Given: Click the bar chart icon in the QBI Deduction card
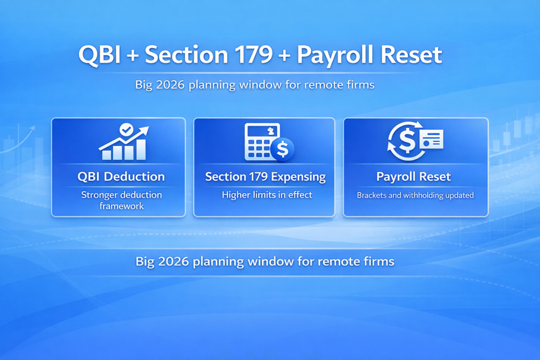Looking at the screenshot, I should (123, 149).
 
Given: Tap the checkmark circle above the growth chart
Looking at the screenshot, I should (126, 129).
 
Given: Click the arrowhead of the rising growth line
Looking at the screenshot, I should (145, 130).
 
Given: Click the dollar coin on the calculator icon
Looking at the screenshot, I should (283, 150).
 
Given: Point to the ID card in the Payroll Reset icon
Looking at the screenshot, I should (431, 140).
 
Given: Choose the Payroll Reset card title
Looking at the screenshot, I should (413, 177).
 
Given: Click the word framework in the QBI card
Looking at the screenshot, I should (121, 206).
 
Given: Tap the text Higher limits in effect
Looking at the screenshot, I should (267, 195).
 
